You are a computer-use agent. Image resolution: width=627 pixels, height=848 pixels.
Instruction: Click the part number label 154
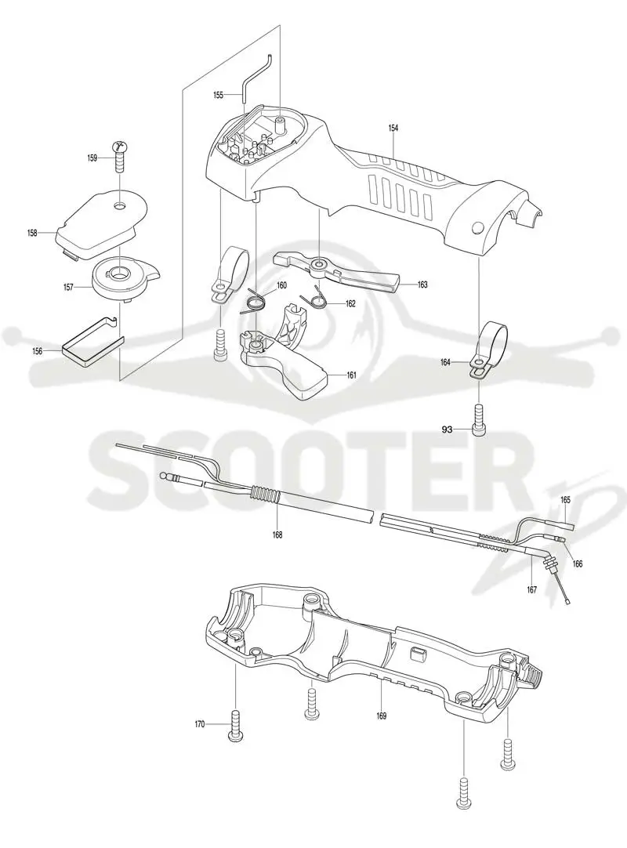pos(393,129)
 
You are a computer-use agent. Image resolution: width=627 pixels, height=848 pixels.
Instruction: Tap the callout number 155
pos(218,95)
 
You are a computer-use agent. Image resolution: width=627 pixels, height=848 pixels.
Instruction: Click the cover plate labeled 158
pos(100,223)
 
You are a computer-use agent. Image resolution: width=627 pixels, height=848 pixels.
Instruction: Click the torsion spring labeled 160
pos(254,301)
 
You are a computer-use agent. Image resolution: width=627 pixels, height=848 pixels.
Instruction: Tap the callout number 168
pos(277,535)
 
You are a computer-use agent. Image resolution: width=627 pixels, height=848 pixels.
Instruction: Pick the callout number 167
pos(531,590)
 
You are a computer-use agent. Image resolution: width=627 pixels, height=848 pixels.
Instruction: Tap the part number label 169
pos(382,716)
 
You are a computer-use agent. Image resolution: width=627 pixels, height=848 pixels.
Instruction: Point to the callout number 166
pos(578,564)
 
